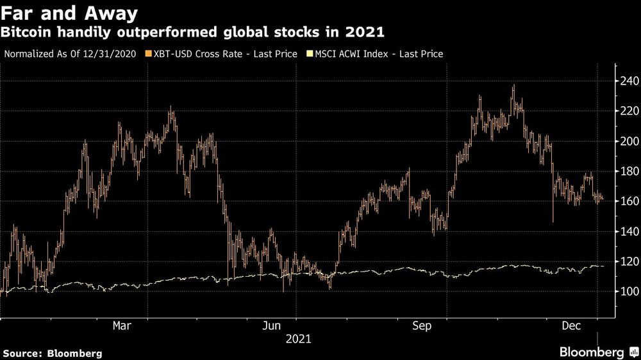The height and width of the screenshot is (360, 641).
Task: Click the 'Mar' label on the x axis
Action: pos(122,326)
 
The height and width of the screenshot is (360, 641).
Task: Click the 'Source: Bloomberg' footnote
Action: pos(52,353)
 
